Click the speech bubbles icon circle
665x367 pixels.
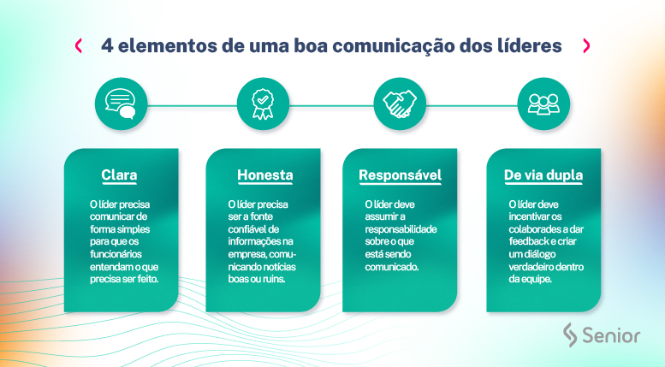[x=121, y=104]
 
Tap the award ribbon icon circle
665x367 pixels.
[x=262, y=104]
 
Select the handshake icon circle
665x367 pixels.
[x=399, y=104]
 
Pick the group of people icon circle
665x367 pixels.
[x=543, y=104]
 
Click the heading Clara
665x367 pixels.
[x=119, y=176]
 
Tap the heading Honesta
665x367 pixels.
[x=264, y=176]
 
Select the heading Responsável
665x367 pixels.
[x=400, y=176]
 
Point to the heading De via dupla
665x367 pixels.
[x=543, y=176]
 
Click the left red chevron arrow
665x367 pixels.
[x=79, y=45]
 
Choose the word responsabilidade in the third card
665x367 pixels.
[x=401, y=229]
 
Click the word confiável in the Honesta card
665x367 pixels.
[x=249, y=229]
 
